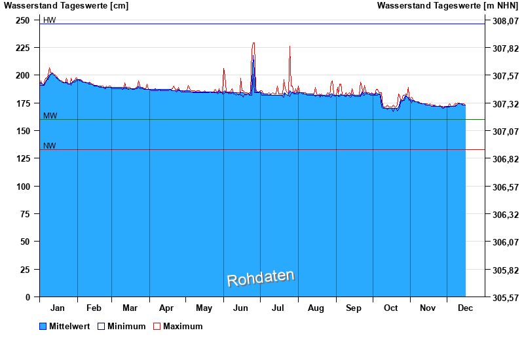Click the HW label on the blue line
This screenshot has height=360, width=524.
click(49, 20)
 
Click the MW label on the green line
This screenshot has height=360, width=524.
click(50, 116)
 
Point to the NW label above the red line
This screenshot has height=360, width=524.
click(49, 146)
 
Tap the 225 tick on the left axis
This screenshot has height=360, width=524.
click(22, 48)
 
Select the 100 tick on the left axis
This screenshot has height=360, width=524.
click(22, 187)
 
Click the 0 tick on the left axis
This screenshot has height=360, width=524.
click(28, 297)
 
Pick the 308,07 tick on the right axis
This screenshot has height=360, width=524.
click(505, 21)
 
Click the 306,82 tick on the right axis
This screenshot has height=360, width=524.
click(505, 159)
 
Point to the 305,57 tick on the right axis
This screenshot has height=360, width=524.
click(505, 297)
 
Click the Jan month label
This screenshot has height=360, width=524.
click(58, 308)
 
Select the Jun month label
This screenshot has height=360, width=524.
click(240, 308)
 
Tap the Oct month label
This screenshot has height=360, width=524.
click(391, 308)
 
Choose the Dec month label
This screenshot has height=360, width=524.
click(465, 308)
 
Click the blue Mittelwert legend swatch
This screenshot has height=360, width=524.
click(43, 326)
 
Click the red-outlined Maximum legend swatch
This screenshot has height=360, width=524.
click(157, 326)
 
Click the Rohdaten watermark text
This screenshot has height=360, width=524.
click(261, 278)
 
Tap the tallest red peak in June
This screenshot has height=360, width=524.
click(253, 43)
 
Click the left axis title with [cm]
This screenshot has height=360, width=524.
click(65, 6)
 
